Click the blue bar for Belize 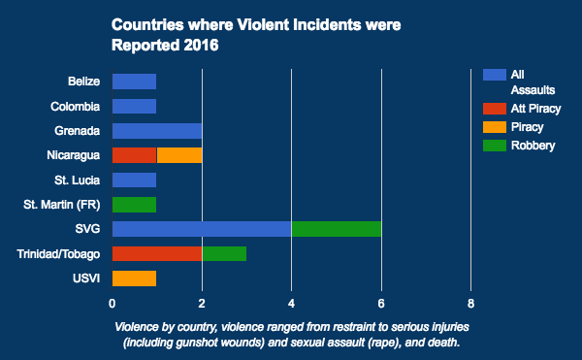(134, 81)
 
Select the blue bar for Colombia (134, 106)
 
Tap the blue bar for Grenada (157, 130)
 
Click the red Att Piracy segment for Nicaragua (134, 155)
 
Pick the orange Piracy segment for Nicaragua (179, 155)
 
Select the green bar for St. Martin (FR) (134, 205)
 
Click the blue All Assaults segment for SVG (202, 229)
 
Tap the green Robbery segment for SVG (337, 229)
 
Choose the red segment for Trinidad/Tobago (157, 254)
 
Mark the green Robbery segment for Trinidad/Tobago (224, 254)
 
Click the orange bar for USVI (134, 278)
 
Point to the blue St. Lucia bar (134, 180)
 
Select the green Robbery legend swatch (494, 146)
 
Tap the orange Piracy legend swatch (494, 127)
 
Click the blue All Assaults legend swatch (494, 74)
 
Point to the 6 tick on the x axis (381, 302)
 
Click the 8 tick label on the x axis (471, 302)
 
